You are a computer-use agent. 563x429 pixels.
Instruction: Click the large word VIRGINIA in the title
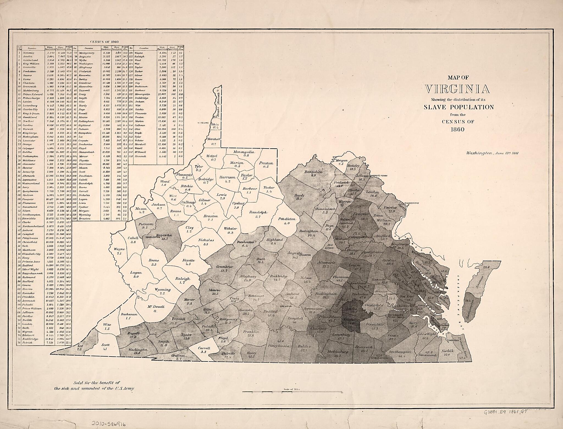pos(457,89)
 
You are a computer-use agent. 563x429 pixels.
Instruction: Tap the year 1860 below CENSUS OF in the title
pos(457,129)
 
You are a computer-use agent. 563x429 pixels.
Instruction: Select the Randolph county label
pos(259,212)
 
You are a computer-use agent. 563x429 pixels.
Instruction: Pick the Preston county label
pos(266,163)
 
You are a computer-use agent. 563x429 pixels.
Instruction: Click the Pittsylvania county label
pos(278,346)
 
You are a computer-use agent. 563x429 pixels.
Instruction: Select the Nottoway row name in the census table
pos(28,52)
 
